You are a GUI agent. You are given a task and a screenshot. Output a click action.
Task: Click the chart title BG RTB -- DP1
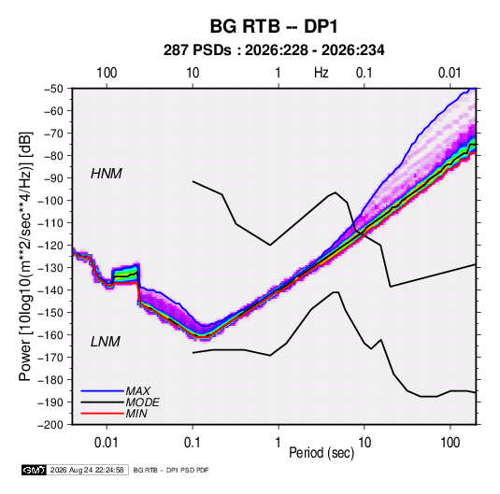(274, 26)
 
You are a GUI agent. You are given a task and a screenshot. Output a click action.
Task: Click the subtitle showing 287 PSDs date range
(274, 50)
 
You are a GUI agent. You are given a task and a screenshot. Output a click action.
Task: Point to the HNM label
(107, 174)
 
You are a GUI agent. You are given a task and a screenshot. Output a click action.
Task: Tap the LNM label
(106, 342)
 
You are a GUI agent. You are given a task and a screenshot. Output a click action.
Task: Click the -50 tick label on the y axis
(53, 89)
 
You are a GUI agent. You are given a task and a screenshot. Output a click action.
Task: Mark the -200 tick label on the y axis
(50, 425)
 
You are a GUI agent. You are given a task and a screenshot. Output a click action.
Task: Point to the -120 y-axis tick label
(50, 246)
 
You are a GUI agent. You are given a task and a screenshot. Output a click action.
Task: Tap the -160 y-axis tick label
(50, 335)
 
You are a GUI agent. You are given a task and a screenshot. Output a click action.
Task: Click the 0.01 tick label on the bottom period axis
(107, 443)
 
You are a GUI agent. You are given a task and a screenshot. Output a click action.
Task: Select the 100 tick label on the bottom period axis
(450, 443)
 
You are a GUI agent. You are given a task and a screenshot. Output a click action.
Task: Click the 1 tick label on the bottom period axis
(279, 443)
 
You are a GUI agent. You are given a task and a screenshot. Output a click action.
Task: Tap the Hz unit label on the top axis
(321, 73)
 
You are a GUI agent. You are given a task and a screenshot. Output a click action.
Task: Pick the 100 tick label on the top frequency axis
(107, 73)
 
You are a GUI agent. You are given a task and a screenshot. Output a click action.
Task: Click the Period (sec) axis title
(321, 453)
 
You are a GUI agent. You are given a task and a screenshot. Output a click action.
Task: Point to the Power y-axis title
(25, 256)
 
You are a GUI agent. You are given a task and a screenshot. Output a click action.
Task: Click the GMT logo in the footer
(35, 470)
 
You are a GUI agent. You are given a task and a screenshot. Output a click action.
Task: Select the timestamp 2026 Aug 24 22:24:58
(87, 470)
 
